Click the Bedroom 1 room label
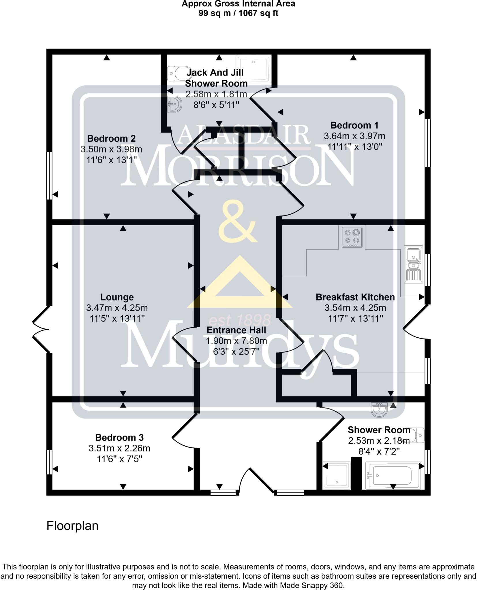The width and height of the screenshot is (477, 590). coord(354,125)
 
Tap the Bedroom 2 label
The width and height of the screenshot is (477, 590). coord(111,139)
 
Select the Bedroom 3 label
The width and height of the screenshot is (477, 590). coord(119,438)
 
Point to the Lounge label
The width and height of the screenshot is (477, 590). coord(117,297)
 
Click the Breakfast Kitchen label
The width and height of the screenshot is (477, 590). coord(355,297)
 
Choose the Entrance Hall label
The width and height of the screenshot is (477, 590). coord(236,330)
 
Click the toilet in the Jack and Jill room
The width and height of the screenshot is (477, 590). coord(176,74)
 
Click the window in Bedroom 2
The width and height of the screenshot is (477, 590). coord(49,175)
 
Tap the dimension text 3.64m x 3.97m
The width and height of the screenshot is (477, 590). coord(354,136)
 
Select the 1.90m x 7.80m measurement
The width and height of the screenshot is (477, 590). coord(236,341)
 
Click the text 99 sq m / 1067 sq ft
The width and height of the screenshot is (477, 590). coord(238,13)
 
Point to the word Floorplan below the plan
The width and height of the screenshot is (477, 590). coord(72,526)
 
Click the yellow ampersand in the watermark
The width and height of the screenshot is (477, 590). coord(237,222)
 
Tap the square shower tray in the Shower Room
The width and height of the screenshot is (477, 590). coord(336,475)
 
